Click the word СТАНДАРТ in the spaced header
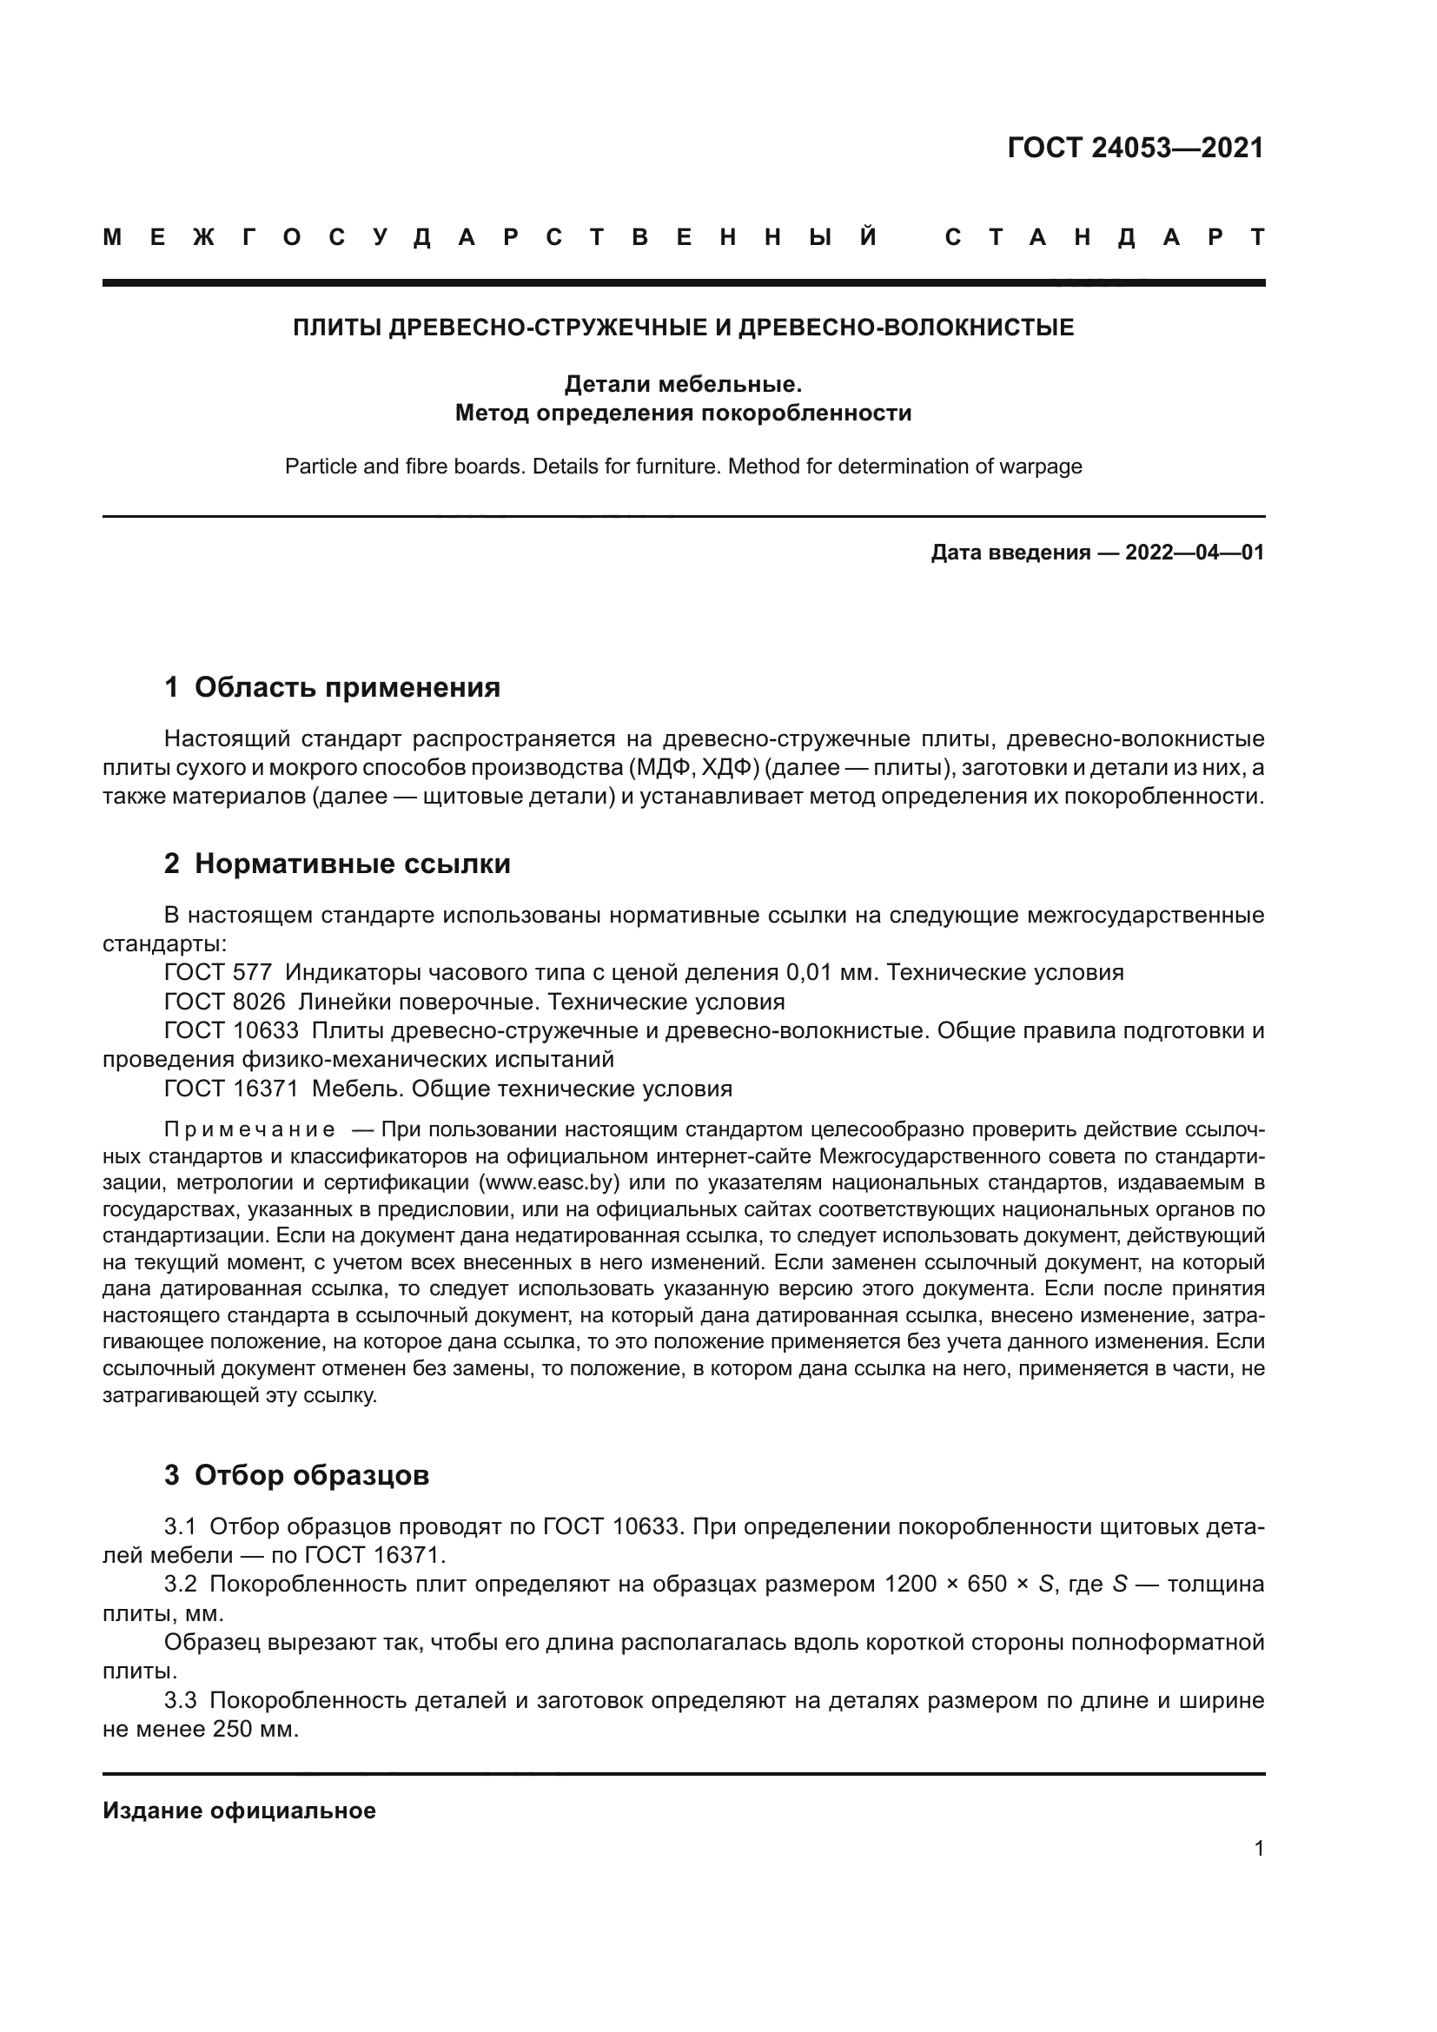tap(1104, 238)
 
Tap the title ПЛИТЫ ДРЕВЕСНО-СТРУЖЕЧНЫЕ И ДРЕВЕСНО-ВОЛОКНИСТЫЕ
tap(683, 328)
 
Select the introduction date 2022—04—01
tap(1194, 553)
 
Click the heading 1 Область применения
tap(332, 687)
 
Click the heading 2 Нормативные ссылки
tap(337, 863)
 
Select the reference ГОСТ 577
tap(218, 973)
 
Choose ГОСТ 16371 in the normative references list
tap(231, 1089)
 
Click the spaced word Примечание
tap(249, 1130)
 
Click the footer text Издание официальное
tap(239, 1810)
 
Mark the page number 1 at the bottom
tap(1258, 1849)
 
